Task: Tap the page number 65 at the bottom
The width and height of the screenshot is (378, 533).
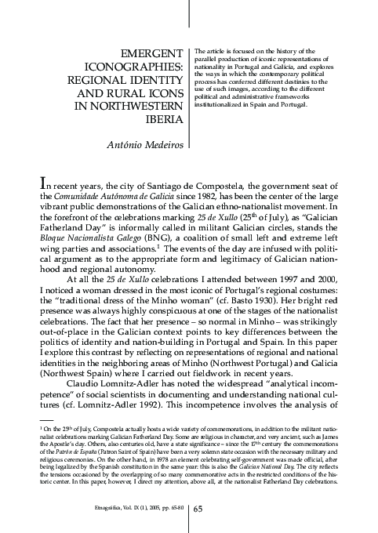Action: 198,509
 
